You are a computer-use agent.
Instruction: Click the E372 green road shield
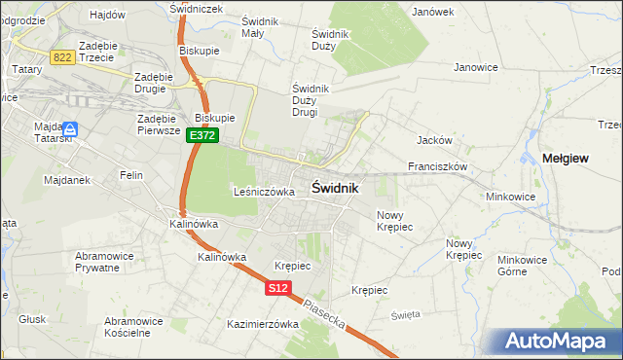click(x=202, y=136)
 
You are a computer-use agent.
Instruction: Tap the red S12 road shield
click(x=278, y=288)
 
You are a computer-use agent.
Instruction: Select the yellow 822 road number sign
click(x=63, y=57)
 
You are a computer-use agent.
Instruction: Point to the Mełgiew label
click(x=565, y=159)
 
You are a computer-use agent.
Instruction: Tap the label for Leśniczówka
click(x=264, y=192)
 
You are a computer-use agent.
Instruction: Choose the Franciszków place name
click(x=438, y=166)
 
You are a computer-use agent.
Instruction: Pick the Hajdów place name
click(x=107, y=15)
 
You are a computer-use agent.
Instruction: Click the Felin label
click(x=131, y=175)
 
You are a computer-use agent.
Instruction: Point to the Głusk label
click(x=32, y=318)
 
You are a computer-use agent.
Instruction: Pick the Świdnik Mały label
click(x=260, y=27)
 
